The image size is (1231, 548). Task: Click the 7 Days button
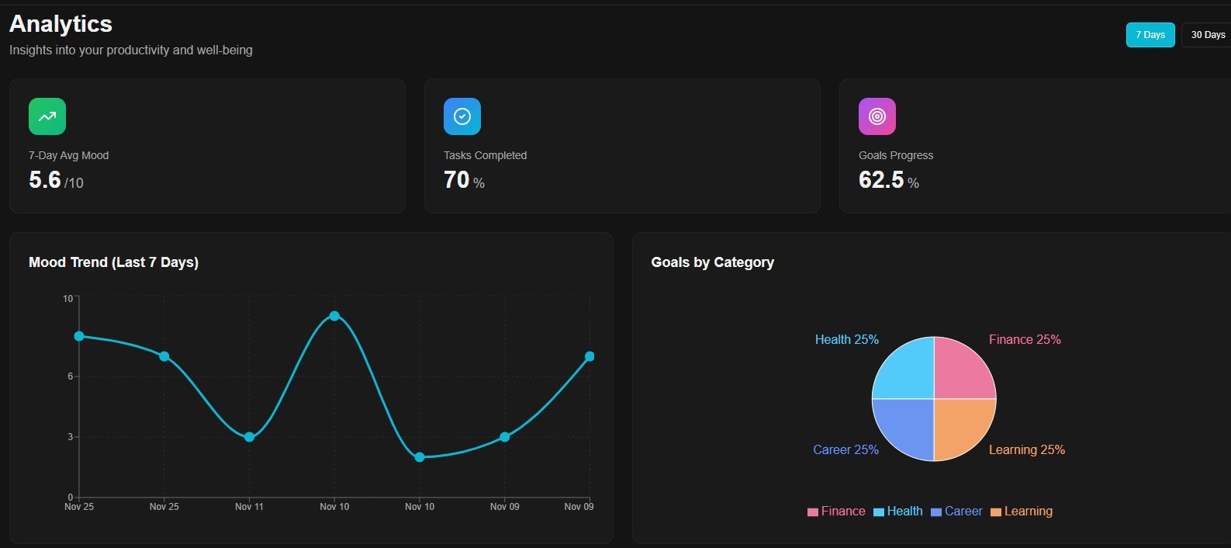pos(1150,35)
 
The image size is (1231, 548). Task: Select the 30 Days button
pos(1207,35)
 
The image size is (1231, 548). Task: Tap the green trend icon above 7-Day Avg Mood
pos(47,116)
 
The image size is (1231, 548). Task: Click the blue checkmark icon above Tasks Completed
pos(462,116)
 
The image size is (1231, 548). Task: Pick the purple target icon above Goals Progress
pos(877,116)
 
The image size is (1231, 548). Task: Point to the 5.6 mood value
pos(45,180)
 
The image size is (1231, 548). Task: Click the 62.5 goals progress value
pos(881,180)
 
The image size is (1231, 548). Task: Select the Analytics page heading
pos(61,24)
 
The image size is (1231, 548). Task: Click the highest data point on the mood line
pos(334,316)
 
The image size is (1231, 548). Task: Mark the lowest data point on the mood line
pos(420,457)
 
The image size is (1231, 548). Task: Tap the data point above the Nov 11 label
pos(249,437)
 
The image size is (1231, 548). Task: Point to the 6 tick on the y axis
pos(70,376)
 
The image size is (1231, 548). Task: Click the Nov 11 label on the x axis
pos(249,507)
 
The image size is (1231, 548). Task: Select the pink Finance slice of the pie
pos(963,369)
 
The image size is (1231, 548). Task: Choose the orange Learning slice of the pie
pos(963,428)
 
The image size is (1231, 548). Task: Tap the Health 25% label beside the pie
pos(846,340)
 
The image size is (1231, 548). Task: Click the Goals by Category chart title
pos(712,262)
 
